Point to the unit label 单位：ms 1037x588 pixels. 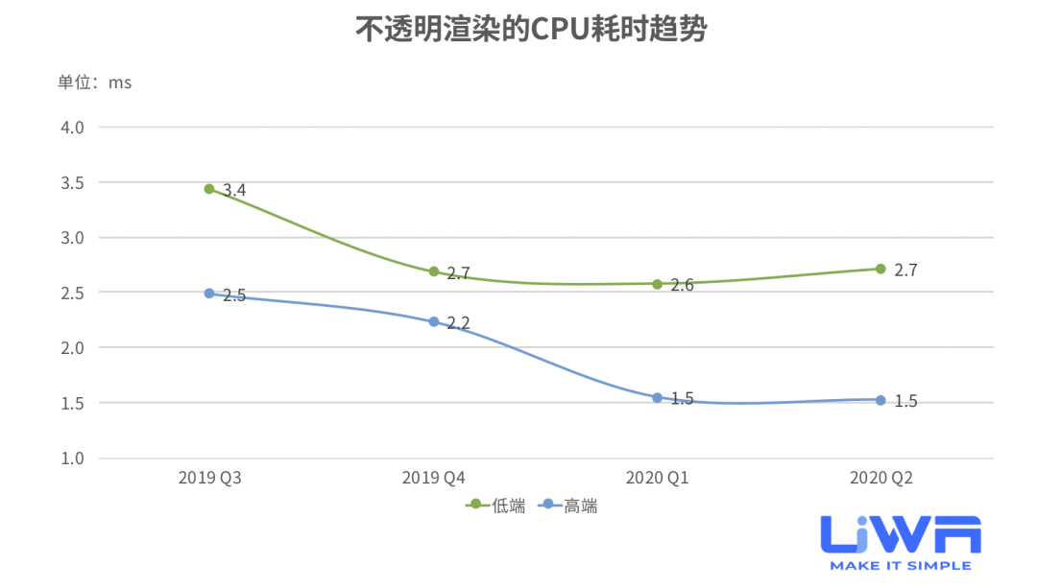pos(94,82)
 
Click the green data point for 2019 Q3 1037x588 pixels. pos(209,189)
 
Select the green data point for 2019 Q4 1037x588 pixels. pos(434,271)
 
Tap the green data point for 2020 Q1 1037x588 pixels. pos(658,284)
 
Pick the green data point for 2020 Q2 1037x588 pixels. pos(880,269)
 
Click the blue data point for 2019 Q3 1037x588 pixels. pos(209,294)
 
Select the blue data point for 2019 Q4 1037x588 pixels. pos(434,322)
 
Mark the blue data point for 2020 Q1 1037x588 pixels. pos(658,397)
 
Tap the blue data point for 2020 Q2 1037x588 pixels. pos(880,400)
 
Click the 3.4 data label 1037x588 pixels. pos(234,191)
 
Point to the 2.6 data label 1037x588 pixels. pos(683,286)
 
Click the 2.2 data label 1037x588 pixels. pos(459,324)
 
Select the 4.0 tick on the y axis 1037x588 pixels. pos(73,127)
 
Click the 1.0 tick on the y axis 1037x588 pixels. pos(73,458)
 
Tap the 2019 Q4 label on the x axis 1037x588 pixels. pos(433,478)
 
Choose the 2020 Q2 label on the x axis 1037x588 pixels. pos(880,478)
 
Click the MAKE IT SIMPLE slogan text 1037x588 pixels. pos(900,566)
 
